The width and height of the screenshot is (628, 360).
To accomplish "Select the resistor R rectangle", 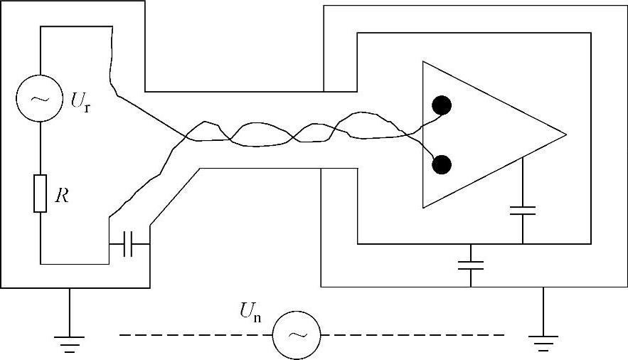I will tap(40, 193).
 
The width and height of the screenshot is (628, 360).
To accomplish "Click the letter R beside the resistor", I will tap(63, 197).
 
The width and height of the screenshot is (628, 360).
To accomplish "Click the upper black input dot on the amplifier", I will tap(442, 105).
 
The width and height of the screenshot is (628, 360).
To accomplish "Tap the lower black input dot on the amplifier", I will tap(442, 165).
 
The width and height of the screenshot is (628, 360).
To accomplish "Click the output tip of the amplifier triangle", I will tap(565, 134).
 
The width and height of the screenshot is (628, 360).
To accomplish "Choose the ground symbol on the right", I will tap(544, 344).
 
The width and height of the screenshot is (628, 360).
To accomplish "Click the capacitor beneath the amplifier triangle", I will tap(523, 210).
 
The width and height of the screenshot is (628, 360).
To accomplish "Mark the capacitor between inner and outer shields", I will tap(471, 265).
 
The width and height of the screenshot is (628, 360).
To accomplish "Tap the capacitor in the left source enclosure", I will tap(129, 244).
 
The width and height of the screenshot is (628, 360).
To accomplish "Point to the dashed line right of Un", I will tap(413, 334).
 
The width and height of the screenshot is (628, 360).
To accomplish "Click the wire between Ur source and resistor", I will tap(40, 148).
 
